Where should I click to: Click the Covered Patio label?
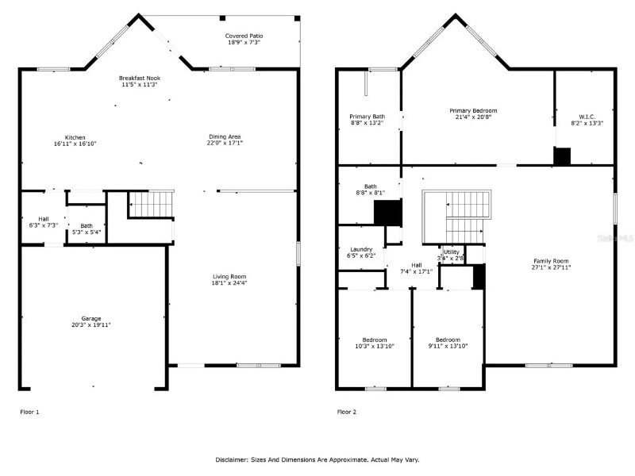244,36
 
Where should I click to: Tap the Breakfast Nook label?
140,79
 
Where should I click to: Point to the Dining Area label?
224,136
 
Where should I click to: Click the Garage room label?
91,318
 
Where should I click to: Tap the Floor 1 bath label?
86,225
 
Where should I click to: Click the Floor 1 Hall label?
44,219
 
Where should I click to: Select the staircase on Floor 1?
151,203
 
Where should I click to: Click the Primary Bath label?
367,117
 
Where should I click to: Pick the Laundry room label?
361,250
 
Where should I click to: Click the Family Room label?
551,261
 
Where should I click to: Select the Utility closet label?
452,251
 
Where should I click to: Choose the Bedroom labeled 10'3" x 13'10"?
375,340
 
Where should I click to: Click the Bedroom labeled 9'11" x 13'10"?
447,340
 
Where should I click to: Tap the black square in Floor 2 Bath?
387,213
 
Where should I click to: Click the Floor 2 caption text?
347,412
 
